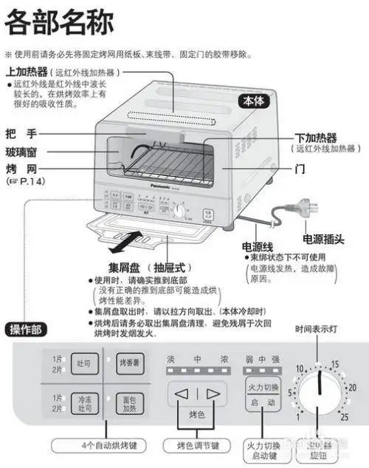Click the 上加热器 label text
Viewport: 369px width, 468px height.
[x=26, y=72]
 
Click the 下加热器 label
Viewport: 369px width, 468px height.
[x=315, y=138]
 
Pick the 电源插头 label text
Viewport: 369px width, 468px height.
[x=325, y=239]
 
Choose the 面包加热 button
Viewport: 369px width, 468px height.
[x=128, y=402]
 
